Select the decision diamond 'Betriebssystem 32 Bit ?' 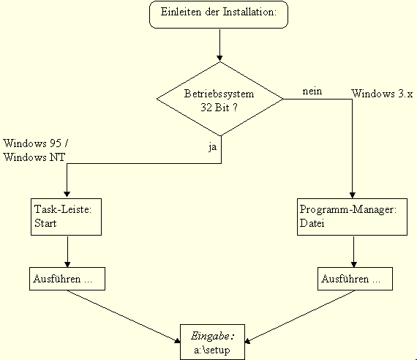(x=220, y=100)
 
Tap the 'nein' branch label (x=312, y=91)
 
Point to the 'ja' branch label (x=212, y=146)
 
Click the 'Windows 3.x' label (x=382, y=94)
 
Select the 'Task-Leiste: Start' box (x=67, y=216)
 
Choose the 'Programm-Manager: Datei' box (x=352, y=216)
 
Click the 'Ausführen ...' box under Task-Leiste (x=67, y=279)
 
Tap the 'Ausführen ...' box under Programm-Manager (x=354, y=279)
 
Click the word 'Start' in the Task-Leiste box (x=45, y=223)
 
